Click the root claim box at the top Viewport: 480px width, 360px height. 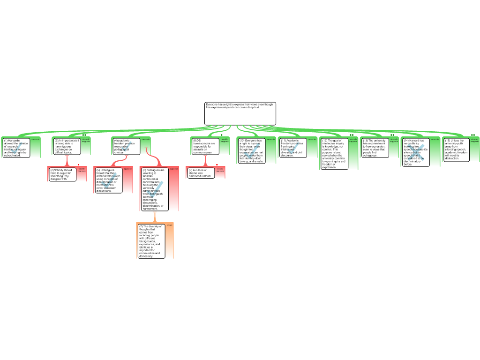(240, 113)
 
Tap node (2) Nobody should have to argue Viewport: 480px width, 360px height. (62, 174)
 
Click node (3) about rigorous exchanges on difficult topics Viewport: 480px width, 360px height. (67, 146)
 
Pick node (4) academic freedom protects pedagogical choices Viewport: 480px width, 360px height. (126, 146)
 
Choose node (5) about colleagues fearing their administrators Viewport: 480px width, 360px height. (108, 180)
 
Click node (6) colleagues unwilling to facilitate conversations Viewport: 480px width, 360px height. (154, 189)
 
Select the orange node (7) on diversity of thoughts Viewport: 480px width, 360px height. (150, 241)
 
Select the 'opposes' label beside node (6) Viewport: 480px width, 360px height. (174, 169)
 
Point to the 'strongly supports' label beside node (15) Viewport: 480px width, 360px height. (474, 140)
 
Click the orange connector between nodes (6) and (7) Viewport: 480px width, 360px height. (155, 217)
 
